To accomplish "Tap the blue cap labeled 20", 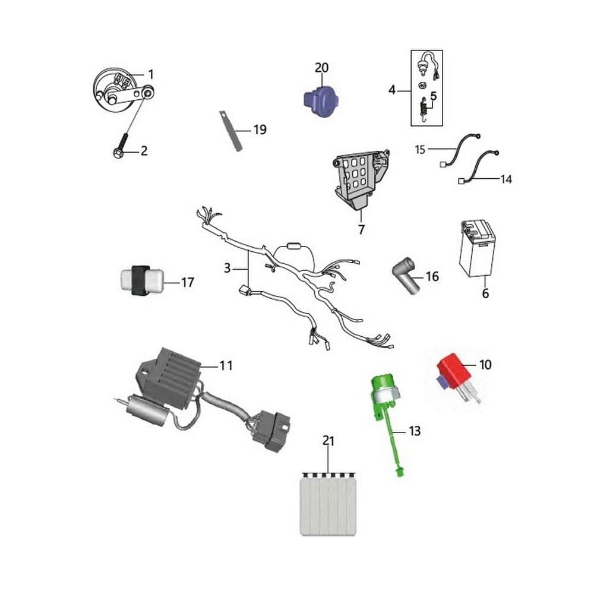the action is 321,102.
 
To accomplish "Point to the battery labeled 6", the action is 477,248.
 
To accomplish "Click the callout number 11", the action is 226,365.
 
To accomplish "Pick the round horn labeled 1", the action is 113,91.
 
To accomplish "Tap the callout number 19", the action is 260,129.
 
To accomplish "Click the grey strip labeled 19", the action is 230,131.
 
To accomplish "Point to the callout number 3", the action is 227,268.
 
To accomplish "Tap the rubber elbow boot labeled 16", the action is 406,274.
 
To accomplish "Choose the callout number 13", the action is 415,431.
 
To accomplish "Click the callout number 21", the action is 328,441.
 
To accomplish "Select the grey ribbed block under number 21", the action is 328,504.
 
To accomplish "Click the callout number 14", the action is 506,179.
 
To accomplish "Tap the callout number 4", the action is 392,90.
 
